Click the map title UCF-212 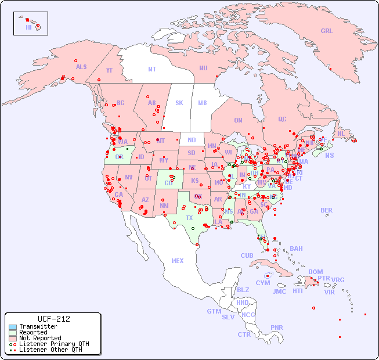[53, 319]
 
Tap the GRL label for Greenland [327, 31]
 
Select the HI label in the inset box [28, 27]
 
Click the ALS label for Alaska [81, 67]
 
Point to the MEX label [178, 261]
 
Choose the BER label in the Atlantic [327, 210]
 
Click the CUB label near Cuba [247, 255]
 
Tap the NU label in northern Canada [203, 68]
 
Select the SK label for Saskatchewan [179, 103]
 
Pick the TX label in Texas [189, 218]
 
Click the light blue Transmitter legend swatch [12, 327]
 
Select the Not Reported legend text [40, 339]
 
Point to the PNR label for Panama [277, 327]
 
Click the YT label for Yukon [109, 70]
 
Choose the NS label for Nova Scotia [329, 155]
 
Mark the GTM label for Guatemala [214, 311]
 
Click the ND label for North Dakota [192, 140]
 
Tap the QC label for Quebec [282, 119]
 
